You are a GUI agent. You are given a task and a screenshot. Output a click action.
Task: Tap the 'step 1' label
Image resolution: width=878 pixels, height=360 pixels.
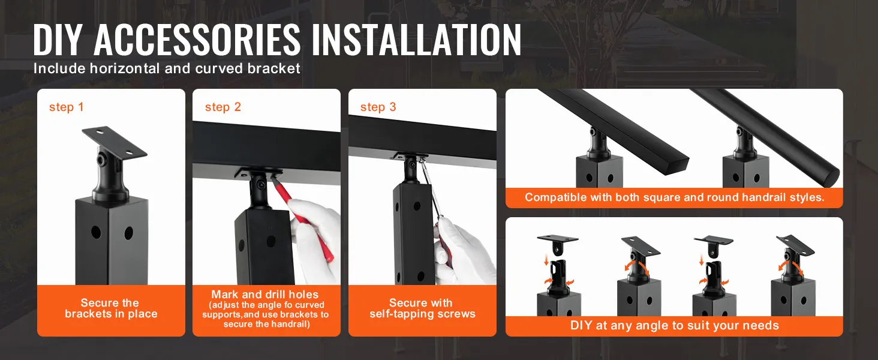click(66, 107)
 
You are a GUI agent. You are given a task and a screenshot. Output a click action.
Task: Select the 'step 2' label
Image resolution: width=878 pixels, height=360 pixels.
click(222, 107)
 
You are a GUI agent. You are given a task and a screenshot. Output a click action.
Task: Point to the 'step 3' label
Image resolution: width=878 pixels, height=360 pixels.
click(378, 107)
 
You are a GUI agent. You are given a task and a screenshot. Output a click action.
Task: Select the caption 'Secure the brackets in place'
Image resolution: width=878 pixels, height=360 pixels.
click(111, 308)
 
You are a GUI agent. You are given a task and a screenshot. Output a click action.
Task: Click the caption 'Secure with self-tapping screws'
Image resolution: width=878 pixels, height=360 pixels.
click(422, 308)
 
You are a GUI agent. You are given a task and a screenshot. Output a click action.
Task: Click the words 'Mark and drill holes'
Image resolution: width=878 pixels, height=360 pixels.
click(264, 295)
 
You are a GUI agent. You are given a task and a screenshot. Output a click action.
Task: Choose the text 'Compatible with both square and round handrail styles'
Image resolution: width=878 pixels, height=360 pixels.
click(674, 197)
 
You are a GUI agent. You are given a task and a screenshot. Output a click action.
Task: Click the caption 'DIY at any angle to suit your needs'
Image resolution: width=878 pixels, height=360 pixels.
click(674, 326)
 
